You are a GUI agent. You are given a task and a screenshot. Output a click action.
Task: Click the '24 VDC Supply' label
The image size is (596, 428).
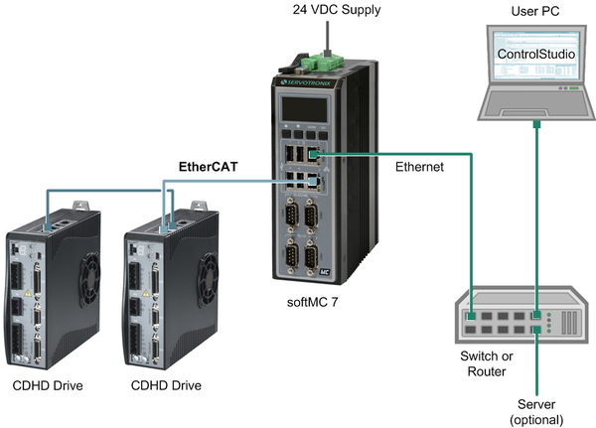316,11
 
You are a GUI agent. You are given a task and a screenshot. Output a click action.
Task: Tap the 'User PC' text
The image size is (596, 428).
534,11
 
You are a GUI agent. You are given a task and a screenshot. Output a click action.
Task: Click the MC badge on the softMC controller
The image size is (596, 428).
324,268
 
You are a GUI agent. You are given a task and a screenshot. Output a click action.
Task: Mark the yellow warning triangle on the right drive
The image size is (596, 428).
149,294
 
